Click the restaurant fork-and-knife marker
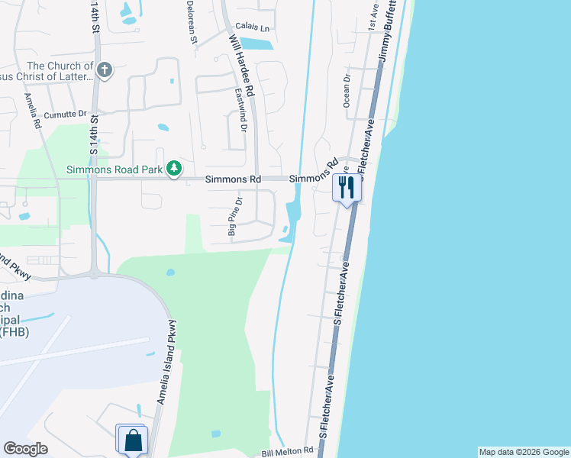coord(347,188)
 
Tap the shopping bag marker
coord(133,440)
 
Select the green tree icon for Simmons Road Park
coord(175,168)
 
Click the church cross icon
coord(105,70)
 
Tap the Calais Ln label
coord(253,27)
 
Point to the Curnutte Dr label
coord(66,114)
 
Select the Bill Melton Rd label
coord(289,452)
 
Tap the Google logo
coord(25,448)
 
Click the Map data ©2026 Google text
coord(523,452)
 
